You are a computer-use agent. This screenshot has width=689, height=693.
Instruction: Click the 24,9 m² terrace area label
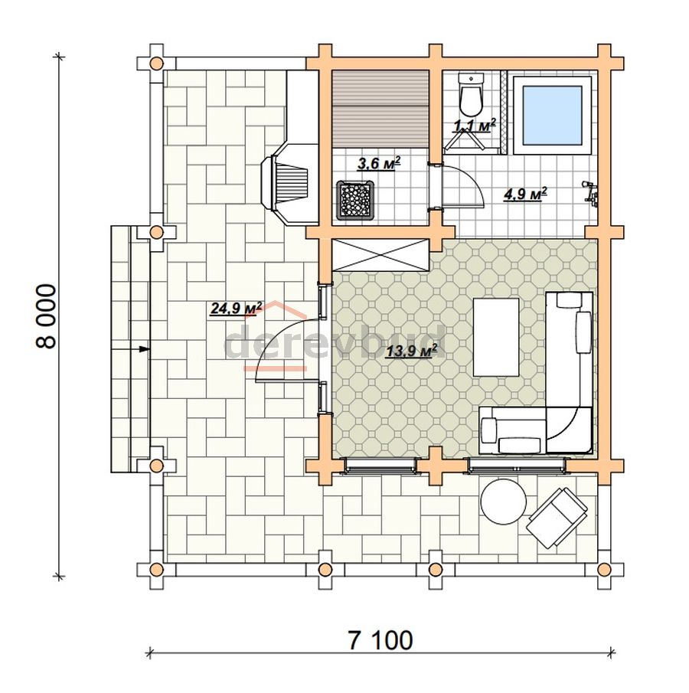236,308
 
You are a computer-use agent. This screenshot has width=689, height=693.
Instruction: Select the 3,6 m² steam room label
378,164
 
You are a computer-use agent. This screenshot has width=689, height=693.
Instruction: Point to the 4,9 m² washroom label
525,194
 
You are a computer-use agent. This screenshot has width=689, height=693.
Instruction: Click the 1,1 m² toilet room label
474,126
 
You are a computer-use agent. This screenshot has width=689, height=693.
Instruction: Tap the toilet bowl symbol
472,95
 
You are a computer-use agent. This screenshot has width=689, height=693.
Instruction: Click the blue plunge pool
552,115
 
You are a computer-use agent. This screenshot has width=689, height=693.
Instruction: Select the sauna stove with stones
356,200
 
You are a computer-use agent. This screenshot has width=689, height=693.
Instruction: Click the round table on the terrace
504,502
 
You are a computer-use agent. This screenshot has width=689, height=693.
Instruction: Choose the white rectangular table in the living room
496,337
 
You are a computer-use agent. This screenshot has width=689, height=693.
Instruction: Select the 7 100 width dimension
380,640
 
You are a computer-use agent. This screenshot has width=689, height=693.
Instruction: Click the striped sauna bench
380,109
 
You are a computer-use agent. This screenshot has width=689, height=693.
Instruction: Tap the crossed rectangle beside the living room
380,254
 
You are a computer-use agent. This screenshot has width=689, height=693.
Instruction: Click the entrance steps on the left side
130,349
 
